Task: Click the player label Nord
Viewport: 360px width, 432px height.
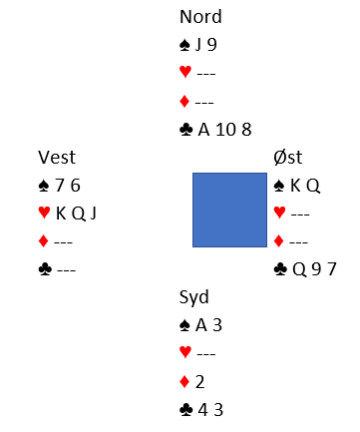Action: pos(200,17)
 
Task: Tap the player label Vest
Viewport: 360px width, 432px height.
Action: pos(57,158)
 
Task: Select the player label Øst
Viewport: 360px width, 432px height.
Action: pos(288,158)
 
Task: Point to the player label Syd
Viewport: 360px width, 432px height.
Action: pos(194,297)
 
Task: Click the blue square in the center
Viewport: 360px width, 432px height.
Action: pos(229,210)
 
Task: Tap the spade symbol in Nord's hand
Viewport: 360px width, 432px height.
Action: pos(184,45)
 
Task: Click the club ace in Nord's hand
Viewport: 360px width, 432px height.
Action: pos(203,130)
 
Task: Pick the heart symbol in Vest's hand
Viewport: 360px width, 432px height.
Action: pos(44,213)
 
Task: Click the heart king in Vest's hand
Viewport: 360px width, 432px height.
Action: pos(61,214)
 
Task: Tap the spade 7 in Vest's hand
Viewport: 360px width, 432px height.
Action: pos(60,186)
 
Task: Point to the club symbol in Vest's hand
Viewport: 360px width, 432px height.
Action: pos(45,269)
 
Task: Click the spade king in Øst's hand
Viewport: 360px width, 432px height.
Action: pos(295,186)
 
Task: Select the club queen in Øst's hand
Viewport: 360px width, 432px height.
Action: pos(299,269)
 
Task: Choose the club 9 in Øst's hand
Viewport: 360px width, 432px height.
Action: pos(316,269)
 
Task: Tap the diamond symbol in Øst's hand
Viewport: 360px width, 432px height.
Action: pos(278,240)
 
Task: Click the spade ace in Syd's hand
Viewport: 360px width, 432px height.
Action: pos(201,325)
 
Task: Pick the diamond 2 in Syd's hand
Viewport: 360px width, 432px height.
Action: pos(199,382)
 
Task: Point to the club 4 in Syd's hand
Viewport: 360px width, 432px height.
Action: pos(202,410)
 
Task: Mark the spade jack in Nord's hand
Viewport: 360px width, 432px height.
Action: pos(198,45)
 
